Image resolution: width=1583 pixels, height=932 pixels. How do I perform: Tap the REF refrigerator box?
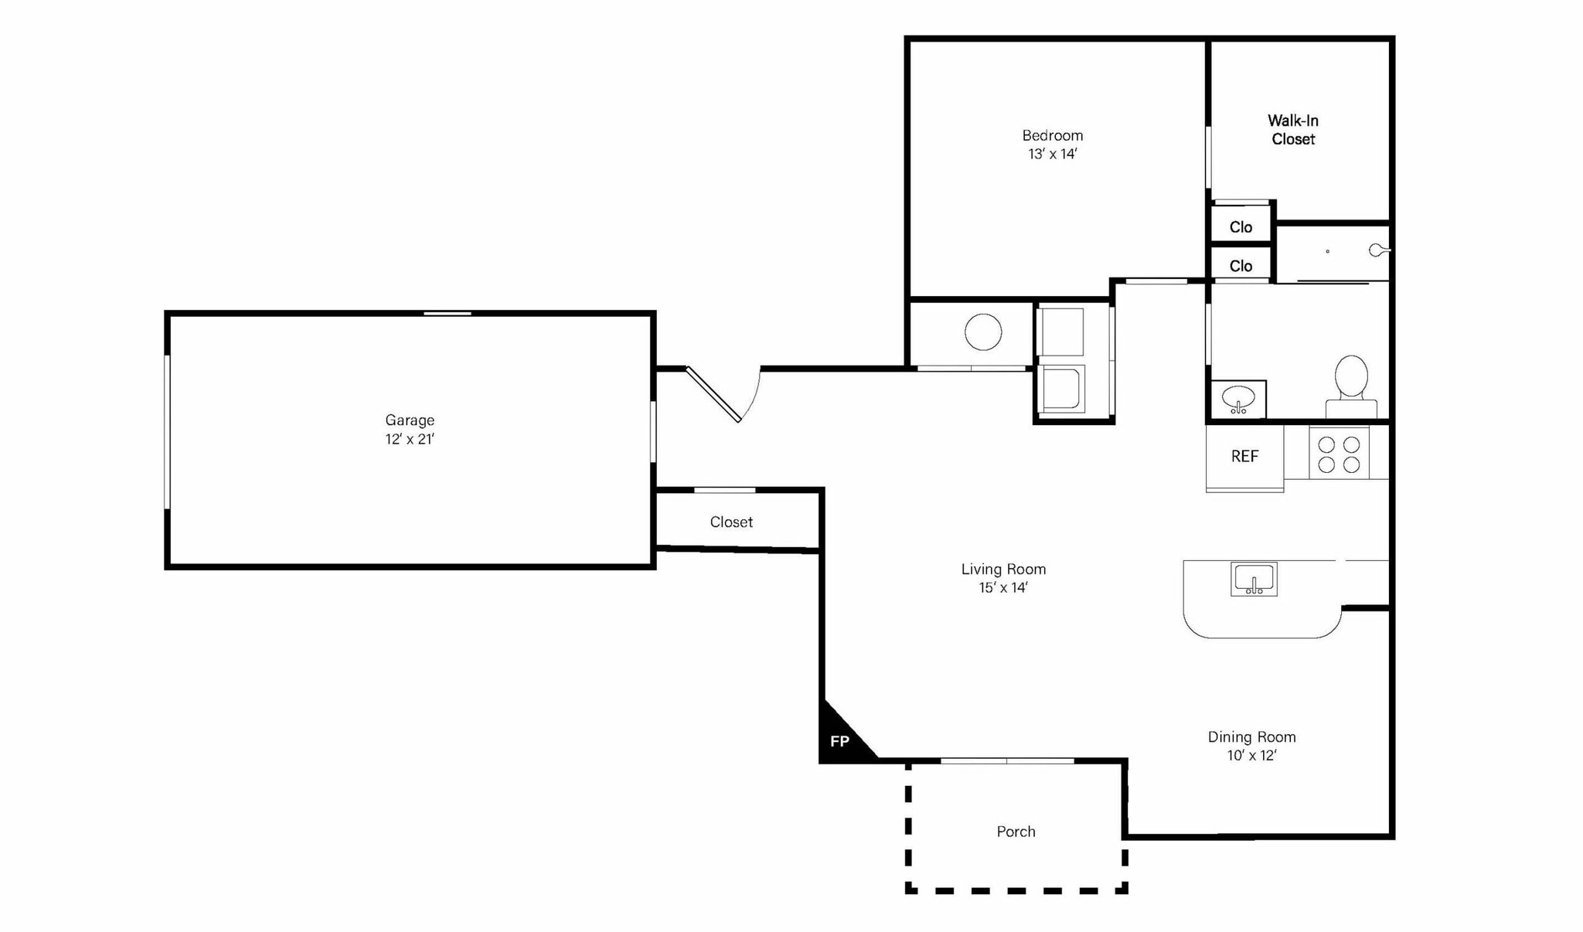point(1244,457)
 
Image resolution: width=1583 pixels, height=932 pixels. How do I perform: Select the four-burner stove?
point(1339,454)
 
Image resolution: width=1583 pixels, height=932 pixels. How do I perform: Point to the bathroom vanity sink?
point(1238,400)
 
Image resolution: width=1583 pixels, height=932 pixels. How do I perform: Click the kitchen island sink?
point(1254,579)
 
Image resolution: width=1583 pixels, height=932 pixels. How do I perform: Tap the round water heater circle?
point(983,332)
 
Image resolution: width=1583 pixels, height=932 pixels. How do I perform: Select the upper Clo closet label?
point(1241,227)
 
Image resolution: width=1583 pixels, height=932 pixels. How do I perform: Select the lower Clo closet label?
point(1241,266)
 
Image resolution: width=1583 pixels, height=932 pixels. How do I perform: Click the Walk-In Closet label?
point(1293,130)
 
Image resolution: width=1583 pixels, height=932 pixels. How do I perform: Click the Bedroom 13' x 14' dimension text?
point(1052,154)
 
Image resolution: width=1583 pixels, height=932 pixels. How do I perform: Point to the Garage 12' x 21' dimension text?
point(410,439)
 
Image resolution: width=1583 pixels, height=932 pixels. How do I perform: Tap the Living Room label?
point(1003,569)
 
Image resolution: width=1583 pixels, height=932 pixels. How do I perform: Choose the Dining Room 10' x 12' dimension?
point(1251,755)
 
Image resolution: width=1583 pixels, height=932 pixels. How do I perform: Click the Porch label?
point(1016,832)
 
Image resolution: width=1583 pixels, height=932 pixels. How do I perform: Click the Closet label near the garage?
point(731,522)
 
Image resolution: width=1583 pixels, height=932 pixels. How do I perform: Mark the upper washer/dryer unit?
point(1062,332)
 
